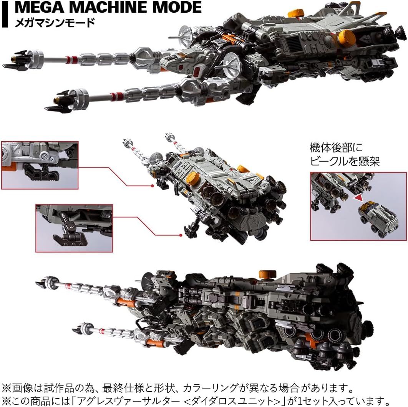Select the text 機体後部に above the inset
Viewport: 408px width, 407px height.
tap(336, 147)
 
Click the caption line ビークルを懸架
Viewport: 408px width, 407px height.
tap(345, 162)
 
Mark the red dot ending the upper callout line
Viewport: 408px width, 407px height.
tap(153, 186)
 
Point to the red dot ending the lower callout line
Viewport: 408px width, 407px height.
tap(181, 234)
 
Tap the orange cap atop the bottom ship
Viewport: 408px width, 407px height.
tap(267, 274)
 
